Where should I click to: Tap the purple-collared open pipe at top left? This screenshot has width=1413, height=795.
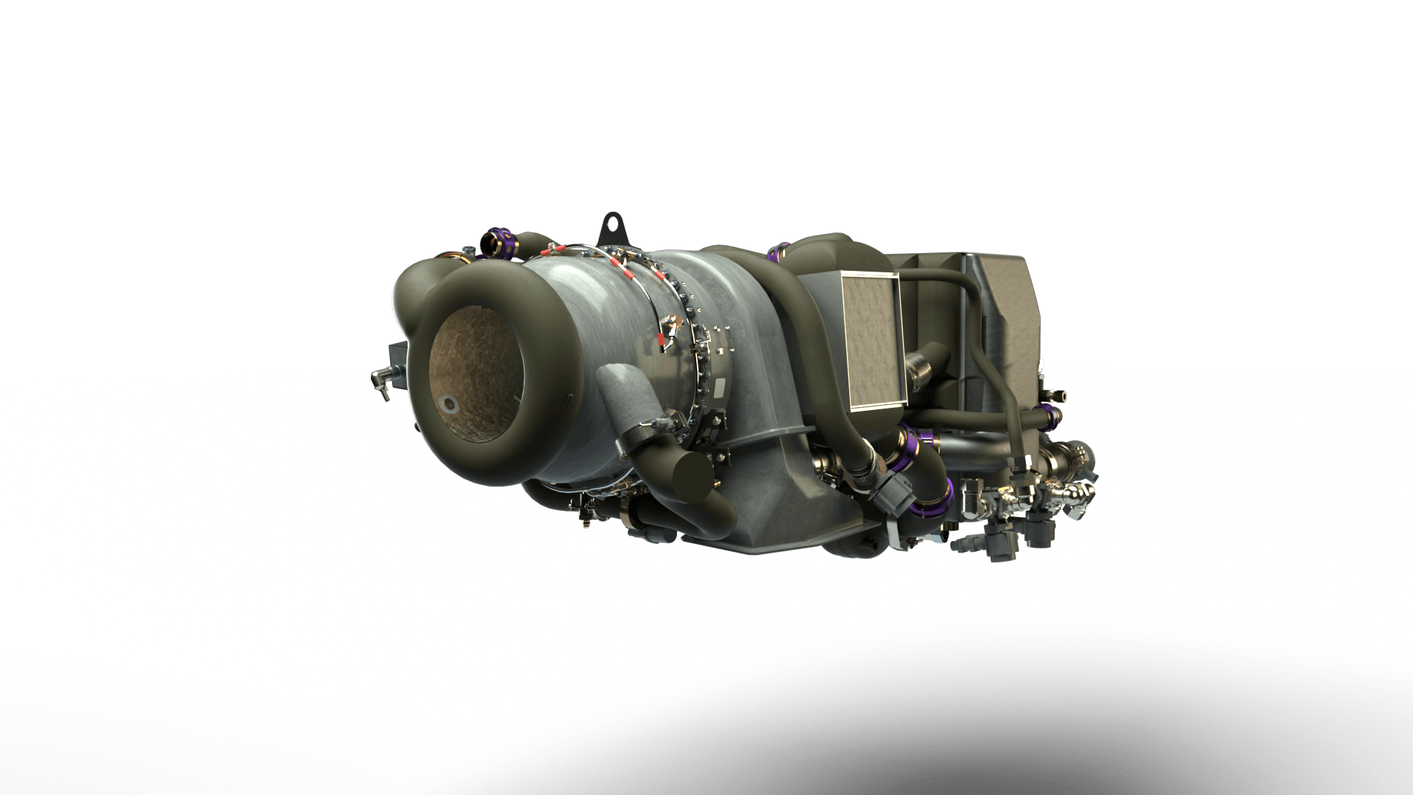click(x=490, y=243)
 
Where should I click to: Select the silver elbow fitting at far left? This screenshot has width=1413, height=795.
click(x=378, y=378)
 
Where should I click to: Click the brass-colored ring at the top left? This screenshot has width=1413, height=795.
click(x=466, y=257)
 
